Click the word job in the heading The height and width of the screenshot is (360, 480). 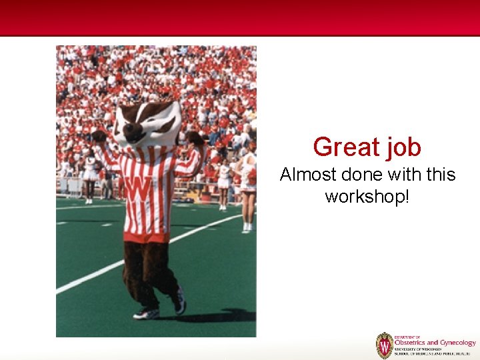click(x=399, y=148)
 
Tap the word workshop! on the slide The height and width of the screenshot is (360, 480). click(x=367, y=196)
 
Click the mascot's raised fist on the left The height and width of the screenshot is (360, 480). click(x=99, y=137)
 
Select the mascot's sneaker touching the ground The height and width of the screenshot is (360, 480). click(x=147, y=313)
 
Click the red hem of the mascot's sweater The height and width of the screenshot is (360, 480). click(x=147, y=236)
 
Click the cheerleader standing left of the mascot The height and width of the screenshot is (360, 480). click(x=89, y=175)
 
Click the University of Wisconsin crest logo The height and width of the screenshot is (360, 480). click(x=384, y=345)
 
